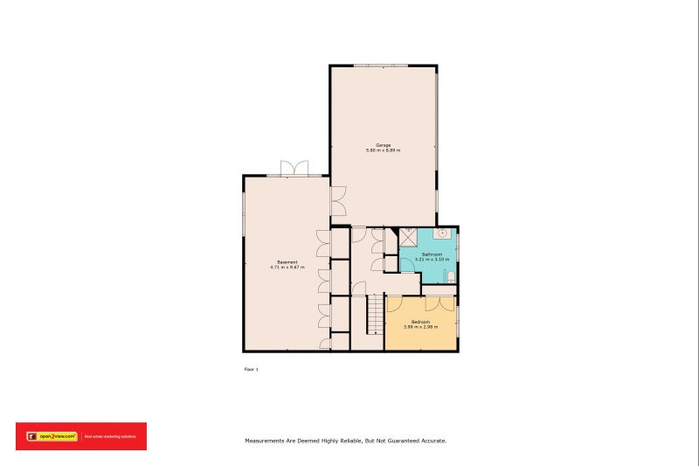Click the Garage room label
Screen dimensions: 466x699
[x=383, y=145]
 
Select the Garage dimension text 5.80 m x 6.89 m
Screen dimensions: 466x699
[x=383, y=150]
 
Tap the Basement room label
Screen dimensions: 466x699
[x=287, y=262]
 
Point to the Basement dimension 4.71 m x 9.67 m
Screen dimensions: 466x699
[x=287, y=268]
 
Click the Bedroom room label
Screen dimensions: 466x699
[x=420, y=322]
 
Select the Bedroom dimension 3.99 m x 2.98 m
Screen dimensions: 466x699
[x=420, y=327]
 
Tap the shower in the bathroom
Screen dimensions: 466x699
[x=408, y=237]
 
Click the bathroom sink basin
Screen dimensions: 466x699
[x=443, y=233]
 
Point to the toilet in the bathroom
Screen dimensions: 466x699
[x=450, y=277]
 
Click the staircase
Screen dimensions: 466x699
[x=375, y=314]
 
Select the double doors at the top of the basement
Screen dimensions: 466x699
[x=294, y=168]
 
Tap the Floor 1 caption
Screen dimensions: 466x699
[x=251, y=370]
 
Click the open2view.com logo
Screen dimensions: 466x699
[x=52, y=435]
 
